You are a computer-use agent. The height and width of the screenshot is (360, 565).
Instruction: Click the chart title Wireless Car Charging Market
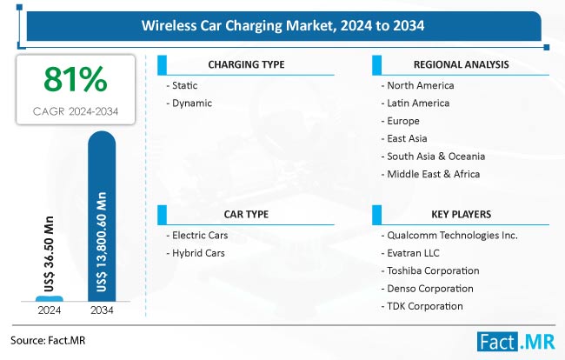pos(282,26)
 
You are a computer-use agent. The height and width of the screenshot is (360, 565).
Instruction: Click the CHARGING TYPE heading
pos(246,64)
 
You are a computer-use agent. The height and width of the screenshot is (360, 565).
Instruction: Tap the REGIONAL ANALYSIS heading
pos(460,64)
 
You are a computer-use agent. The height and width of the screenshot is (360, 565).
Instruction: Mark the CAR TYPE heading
pos(246,212)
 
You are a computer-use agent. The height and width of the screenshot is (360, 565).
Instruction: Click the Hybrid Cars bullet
pos(196,252)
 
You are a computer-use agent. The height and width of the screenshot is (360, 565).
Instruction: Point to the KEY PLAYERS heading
pos(460,212)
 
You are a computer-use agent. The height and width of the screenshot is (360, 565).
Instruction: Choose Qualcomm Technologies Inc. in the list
pos(449,235)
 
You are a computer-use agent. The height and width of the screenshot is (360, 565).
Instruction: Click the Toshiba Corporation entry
pos(429,270)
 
